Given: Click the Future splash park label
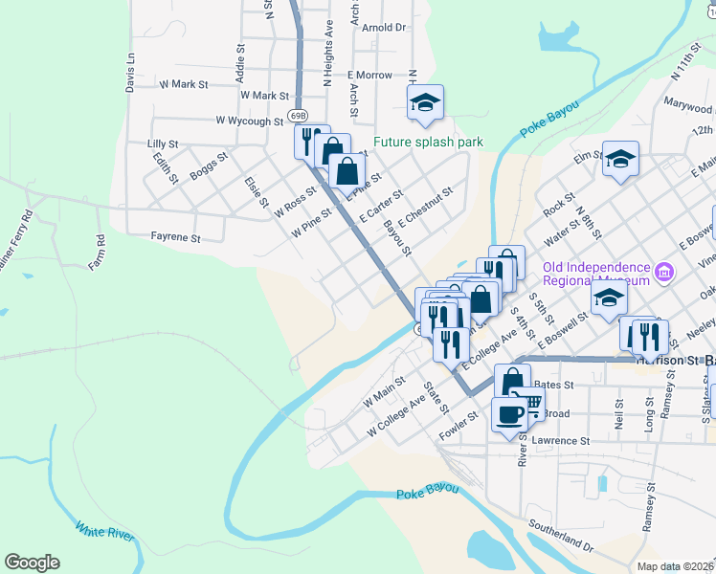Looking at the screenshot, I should click(x=428, y=143).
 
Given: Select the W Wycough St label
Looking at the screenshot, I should click(x=250, y=121).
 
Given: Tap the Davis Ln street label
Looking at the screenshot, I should click(x=130, y=73).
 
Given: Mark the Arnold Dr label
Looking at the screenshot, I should click(x=384, y=29).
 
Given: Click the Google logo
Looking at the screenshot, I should click(x=32, y=563).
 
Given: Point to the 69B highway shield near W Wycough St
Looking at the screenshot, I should click(x=298, y=116).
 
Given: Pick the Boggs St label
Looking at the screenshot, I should click(x=209, y=166).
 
